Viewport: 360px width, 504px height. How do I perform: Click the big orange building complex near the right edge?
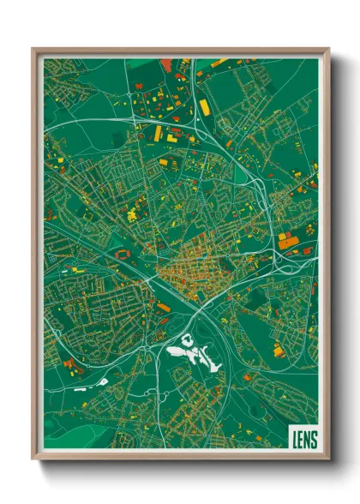[x=287, y=243]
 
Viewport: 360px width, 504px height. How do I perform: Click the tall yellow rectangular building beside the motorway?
[x=204, y=108]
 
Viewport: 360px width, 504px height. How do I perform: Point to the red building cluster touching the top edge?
[x=166, y=62]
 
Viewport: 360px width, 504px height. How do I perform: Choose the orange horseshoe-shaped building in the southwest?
[x=72, y=370]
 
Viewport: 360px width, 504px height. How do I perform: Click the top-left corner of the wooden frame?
[x=34, y=50]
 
